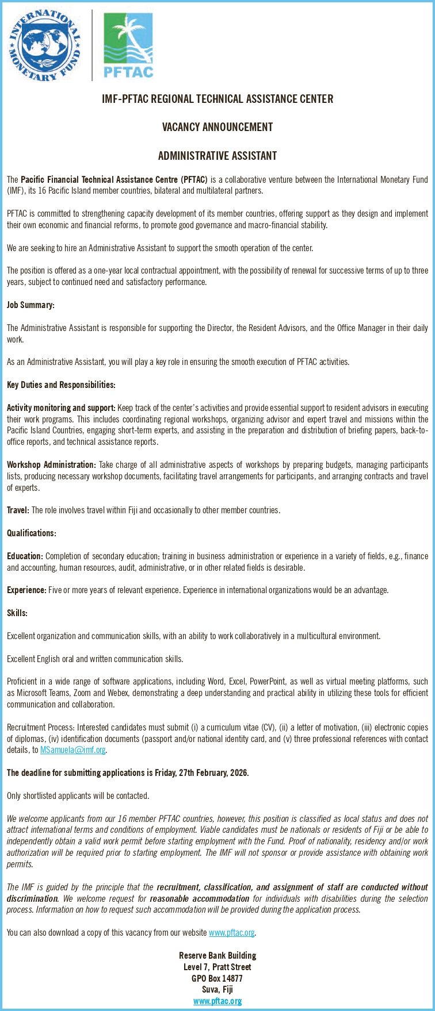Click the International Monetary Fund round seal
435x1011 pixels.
44,44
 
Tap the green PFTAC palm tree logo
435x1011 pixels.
128,45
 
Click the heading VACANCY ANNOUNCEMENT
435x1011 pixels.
217,127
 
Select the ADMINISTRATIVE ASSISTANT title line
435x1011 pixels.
217,156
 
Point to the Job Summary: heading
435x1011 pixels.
30,305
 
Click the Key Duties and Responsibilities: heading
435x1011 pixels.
61,385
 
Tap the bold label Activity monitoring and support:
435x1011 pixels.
61,408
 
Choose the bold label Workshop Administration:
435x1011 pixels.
51,464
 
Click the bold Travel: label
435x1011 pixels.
18,510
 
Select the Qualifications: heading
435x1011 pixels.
32,533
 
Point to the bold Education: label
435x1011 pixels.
25,556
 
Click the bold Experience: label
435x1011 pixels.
26,590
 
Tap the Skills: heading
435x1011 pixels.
17,613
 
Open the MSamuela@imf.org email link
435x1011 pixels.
72,750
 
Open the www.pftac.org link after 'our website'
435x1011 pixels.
231,932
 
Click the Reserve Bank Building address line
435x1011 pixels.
217,955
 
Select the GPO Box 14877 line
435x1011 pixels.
217,978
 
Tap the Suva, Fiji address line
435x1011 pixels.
217,989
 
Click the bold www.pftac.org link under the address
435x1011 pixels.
217,1001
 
